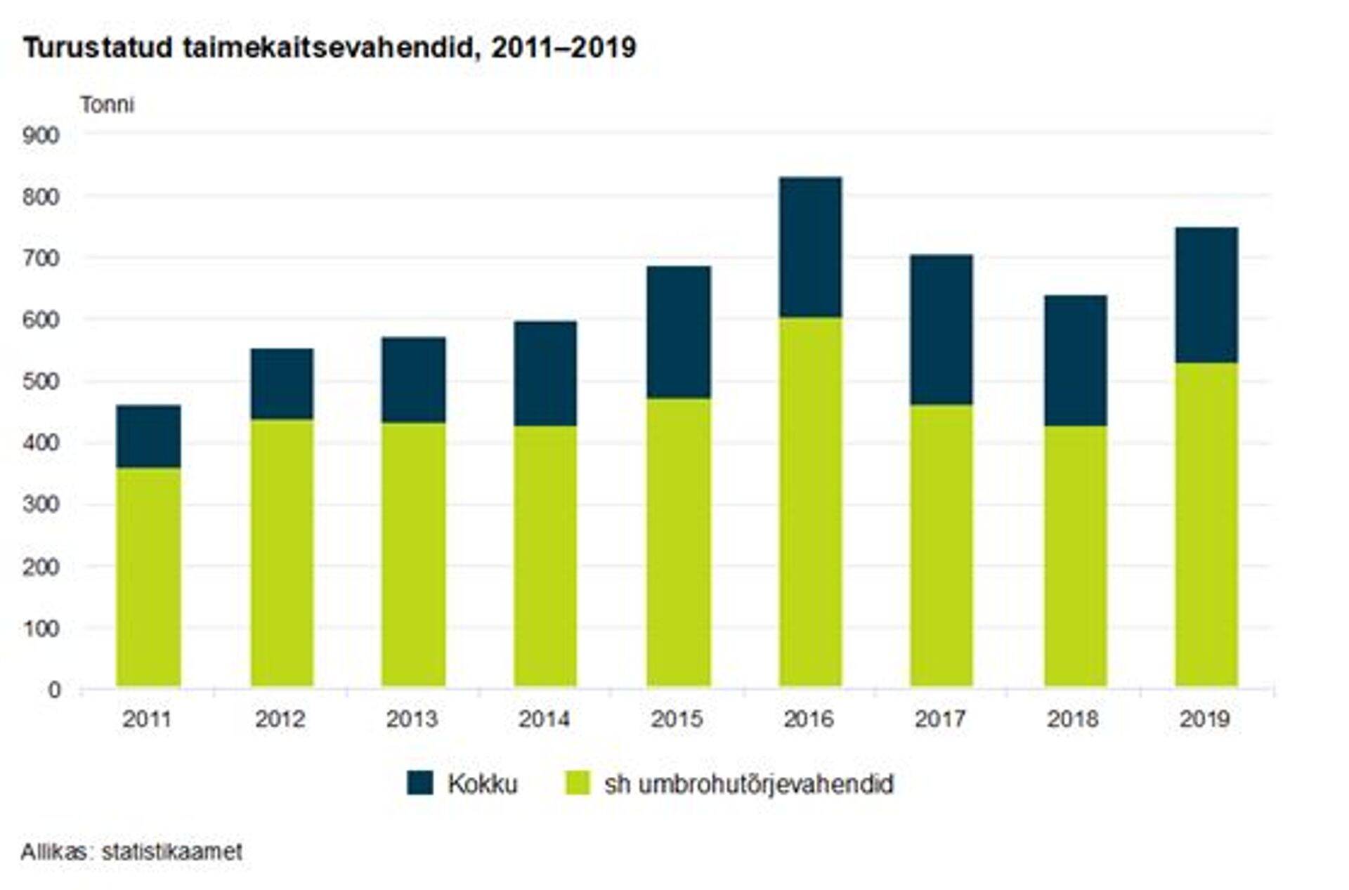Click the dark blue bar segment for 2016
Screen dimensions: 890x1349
pyautogui.click(x=810, y=247)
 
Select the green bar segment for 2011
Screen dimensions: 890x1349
pyautogui.click(x=148, y=577)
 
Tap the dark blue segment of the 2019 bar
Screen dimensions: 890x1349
pyautogui.click(x=1206, y=295)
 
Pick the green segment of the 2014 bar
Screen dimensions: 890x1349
pyautogui.click(x=545, y=556)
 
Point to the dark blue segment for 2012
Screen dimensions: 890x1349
pyautogui.click(x=282, y=384)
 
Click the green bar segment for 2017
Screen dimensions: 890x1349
pyautogui.click(x=941, y=545)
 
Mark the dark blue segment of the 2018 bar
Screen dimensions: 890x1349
pyautogui.click(x=1075, y=360)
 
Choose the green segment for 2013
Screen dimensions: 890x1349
pyautogui.click(x=413, y=554)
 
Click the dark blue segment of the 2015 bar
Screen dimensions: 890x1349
pyautogui.click(x=678, y=332)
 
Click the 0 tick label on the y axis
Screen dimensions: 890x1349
pyautogui.click(x=54, y=690)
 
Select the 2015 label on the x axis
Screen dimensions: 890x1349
pyautogui.click(x=677, y=719)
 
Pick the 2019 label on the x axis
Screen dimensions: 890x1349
pyautogui.click(x=1205, y=719)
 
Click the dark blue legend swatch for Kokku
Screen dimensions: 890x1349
pyautogui.click(x=420, y=783)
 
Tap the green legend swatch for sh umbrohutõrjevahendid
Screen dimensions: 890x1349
pyautogui.click(x=578, y=783)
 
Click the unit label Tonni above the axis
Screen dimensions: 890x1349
pyautogui.click(x=107, y=105)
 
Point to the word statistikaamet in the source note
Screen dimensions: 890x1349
pyautogui.click(x=171, y=851)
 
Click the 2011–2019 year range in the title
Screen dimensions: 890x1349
pyautogui.click(x=563, y=48)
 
